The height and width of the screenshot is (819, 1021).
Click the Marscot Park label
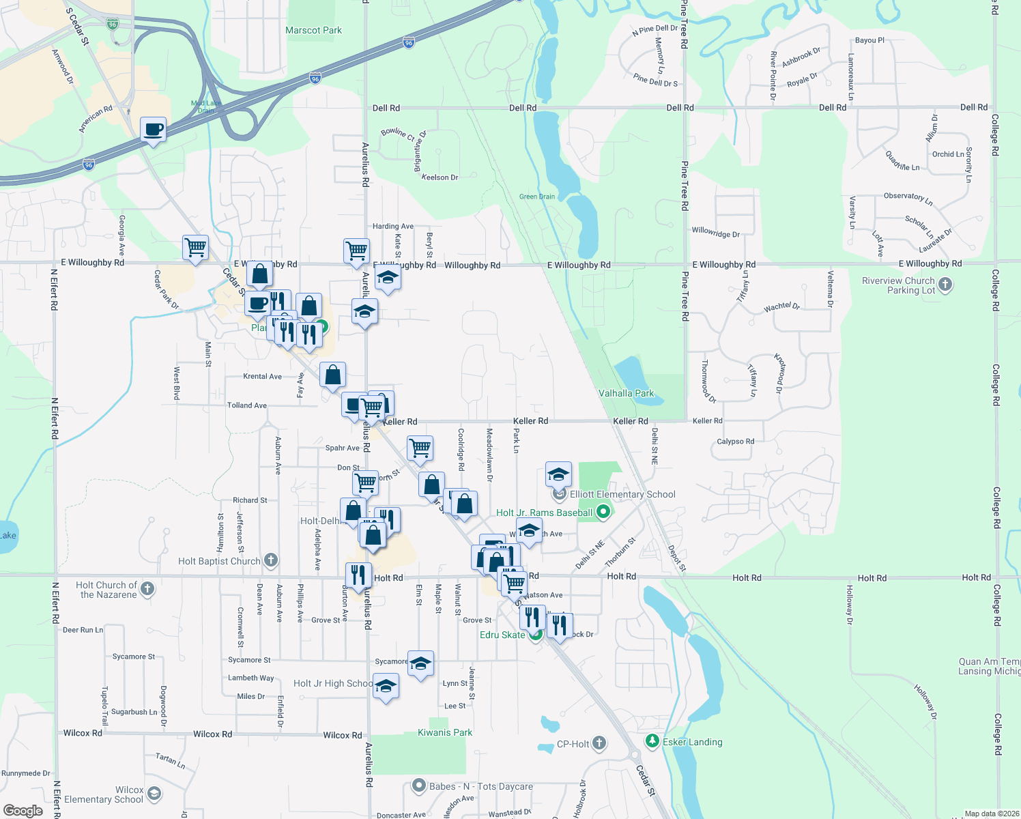pos(313,30)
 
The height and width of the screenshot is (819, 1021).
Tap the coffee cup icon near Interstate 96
pos(154,130)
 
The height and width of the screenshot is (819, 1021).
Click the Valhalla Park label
pos(626,393)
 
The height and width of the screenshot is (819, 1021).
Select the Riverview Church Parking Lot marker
pos(945,285)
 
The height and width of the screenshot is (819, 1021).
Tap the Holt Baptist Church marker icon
pos(271,561)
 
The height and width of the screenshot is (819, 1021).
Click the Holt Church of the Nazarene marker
pos(147,589)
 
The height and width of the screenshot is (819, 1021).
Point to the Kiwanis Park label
pos(445,732)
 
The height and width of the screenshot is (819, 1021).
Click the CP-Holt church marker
pos(599,743)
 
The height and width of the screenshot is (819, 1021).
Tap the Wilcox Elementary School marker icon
pos(154,793)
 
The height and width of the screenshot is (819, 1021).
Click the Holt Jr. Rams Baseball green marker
pos(603,512)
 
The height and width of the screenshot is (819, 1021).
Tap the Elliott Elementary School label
pos(622,494)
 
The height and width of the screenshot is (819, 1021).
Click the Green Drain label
pos(537,197)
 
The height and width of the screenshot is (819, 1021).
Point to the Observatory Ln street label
pos(908,198)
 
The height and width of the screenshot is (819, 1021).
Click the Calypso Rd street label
pos(735,442)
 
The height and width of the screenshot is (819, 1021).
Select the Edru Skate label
pos(502,635)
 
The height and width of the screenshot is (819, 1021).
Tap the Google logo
pos(23,810)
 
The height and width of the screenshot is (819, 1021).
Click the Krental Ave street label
pos(262,376)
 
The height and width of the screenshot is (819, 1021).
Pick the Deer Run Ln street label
pos(83,630)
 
